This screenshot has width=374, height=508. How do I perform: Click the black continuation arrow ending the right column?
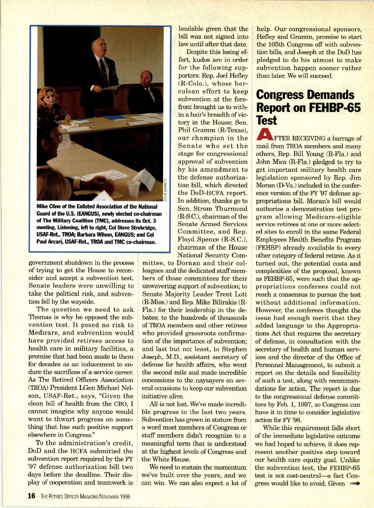(x=355, y=484)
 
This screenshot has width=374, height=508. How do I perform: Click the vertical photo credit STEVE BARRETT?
(x=165, y=190)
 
